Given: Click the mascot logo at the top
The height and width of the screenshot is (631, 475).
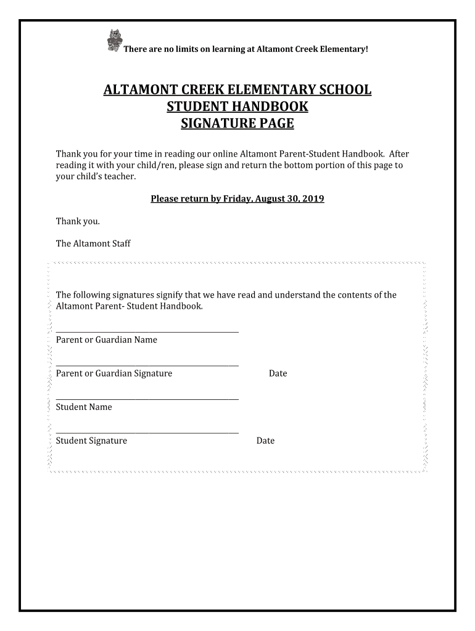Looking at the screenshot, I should click(113, 40).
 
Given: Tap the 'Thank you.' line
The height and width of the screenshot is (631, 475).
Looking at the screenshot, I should click(78, 221).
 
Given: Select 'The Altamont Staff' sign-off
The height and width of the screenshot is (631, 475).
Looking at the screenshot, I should click(93, 243).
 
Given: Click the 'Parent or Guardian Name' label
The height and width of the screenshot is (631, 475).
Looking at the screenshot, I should click(106, 340).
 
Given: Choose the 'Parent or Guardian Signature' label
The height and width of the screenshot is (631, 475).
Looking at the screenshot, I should click(114, 373).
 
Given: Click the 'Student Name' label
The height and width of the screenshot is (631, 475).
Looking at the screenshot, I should click(84, 407).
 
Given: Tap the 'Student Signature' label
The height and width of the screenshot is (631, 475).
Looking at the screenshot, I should click(91, 441).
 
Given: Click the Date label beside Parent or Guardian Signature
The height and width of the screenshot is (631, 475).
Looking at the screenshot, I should click(278, 373).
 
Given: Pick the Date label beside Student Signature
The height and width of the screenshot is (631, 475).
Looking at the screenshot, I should click(265, 441).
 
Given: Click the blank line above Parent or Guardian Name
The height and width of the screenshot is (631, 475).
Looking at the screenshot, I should click(147, 332).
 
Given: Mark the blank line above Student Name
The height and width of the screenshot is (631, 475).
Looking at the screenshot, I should click(147, 399).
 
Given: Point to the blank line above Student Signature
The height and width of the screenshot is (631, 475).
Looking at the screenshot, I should click(147, 433).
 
